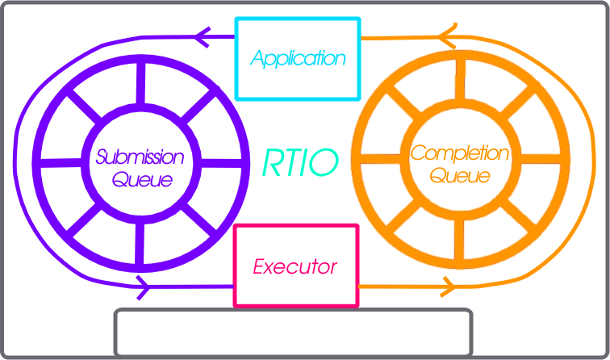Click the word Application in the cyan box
298,58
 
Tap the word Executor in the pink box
295,266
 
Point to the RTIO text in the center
300,162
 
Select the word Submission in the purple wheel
140,157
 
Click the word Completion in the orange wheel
460,153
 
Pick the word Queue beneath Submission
142,179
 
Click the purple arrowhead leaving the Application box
203,36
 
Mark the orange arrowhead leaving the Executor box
448,285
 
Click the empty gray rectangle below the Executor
294,332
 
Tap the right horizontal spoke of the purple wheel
219,162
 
